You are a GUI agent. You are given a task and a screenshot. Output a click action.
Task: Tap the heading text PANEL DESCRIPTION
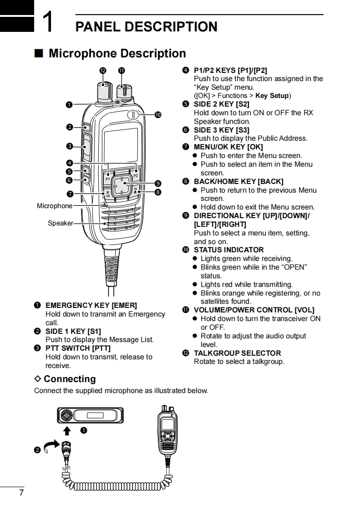146,26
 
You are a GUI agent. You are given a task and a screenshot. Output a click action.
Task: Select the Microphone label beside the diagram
55,206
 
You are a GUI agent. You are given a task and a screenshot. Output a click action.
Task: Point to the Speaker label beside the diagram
61,223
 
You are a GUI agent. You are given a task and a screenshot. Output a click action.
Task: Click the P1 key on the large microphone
108,179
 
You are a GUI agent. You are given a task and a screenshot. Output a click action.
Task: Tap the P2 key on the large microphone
135,176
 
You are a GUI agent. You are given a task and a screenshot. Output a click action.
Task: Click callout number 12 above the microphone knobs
103,71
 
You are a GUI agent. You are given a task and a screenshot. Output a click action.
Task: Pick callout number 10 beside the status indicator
157,115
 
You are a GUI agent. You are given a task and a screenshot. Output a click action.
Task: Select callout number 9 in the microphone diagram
157,184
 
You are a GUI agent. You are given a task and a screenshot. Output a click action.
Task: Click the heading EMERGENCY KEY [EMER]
91,305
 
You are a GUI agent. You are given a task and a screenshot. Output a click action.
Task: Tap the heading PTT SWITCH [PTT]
78,348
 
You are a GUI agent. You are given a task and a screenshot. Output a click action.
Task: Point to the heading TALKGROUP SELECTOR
237,353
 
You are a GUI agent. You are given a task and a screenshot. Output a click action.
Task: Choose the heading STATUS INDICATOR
228,250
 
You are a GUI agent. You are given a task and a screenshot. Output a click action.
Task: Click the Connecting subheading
69,379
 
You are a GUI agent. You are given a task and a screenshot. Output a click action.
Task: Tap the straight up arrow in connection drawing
67,431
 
